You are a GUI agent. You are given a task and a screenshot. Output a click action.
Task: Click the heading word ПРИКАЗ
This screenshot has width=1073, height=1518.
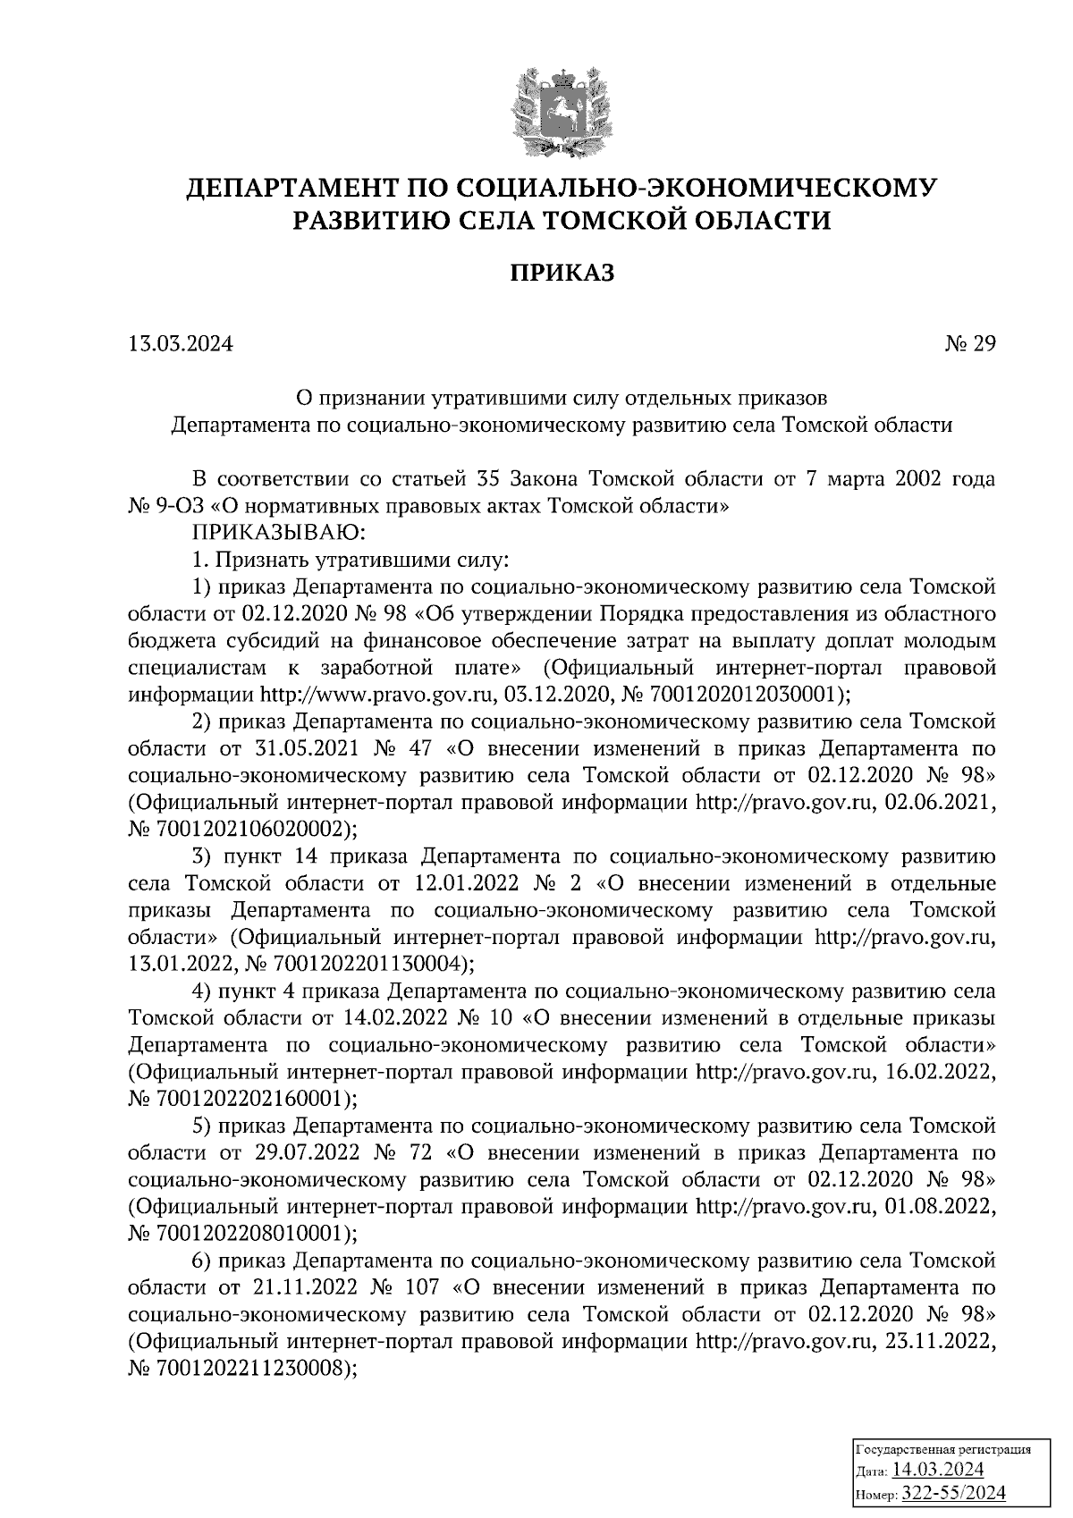click(x=562, y=273)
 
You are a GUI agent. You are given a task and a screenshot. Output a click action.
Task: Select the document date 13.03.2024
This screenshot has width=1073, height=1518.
click(x=181, y=343)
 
